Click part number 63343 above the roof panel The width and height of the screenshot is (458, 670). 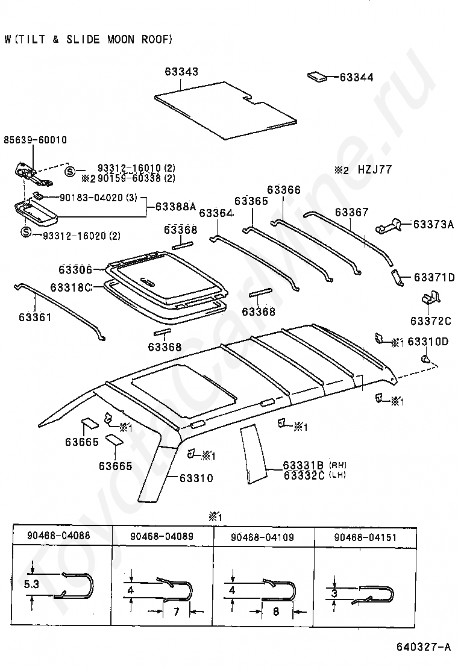click(x=181, y=72)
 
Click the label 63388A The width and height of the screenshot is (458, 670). click(x=175, y=206)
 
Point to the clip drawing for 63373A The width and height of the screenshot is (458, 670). click(x=391, y=225)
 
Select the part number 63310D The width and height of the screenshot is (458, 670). click(x=428, y=342)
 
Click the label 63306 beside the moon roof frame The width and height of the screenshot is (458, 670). click(x=75, y=269)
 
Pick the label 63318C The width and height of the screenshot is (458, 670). click(x=71, y=287)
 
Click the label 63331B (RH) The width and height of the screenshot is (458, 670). click(x=303, y=465)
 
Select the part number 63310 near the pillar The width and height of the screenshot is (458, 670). click(x=195, y=478)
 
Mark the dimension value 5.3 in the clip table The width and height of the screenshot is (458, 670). click(x=31, y=583)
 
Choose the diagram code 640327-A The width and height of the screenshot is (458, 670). click(x=423, y=647)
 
